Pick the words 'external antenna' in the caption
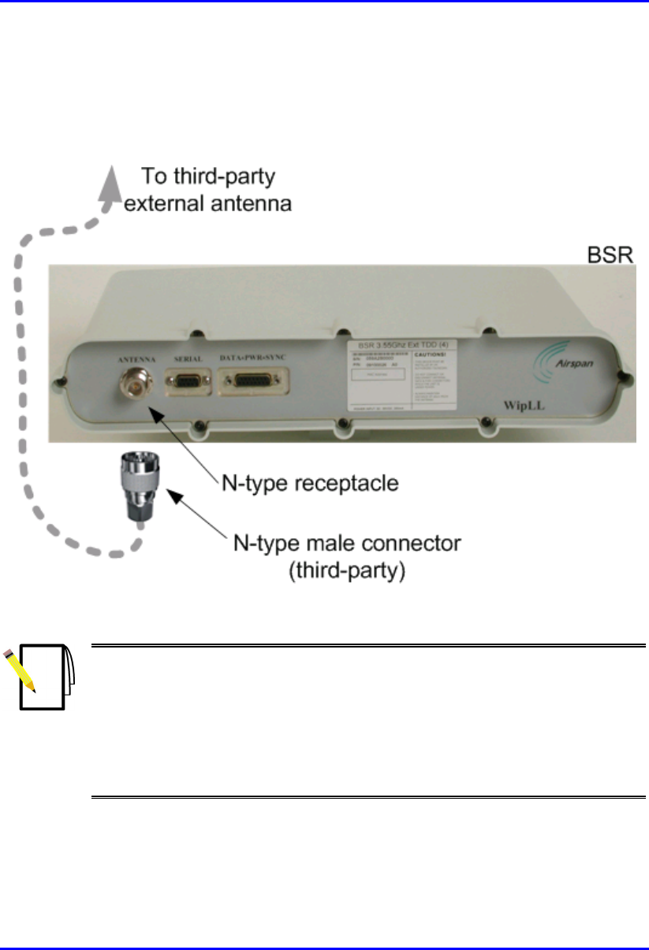coord(208,203)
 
